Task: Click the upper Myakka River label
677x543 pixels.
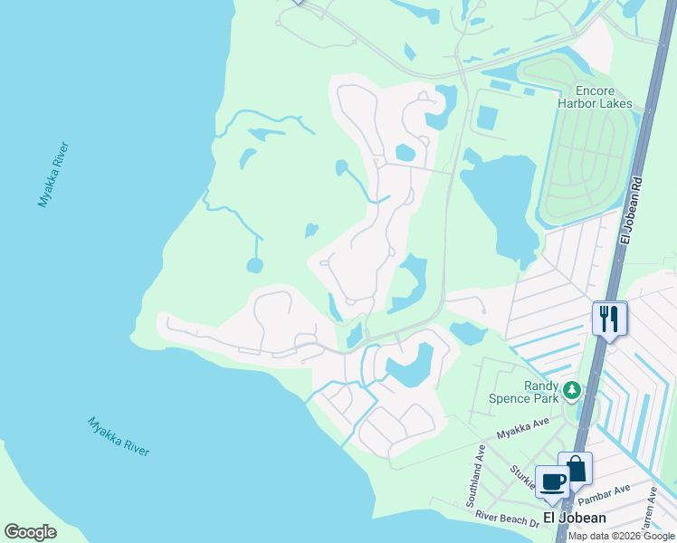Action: coord(53,175)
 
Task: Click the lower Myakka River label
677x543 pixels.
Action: coord(119,436)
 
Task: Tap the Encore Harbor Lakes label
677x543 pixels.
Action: coord(606,97)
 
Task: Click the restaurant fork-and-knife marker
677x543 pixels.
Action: coord(609,319)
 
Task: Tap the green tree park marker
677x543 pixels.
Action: coord(571,390)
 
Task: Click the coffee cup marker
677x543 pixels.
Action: coord(552,482)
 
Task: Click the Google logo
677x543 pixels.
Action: coord(30,532)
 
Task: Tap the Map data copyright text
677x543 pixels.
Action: coord(620,536)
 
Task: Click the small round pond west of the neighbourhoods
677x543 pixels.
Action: coord(254,266)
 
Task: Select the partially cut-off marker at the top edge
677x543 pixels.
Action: coord(299,2)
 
